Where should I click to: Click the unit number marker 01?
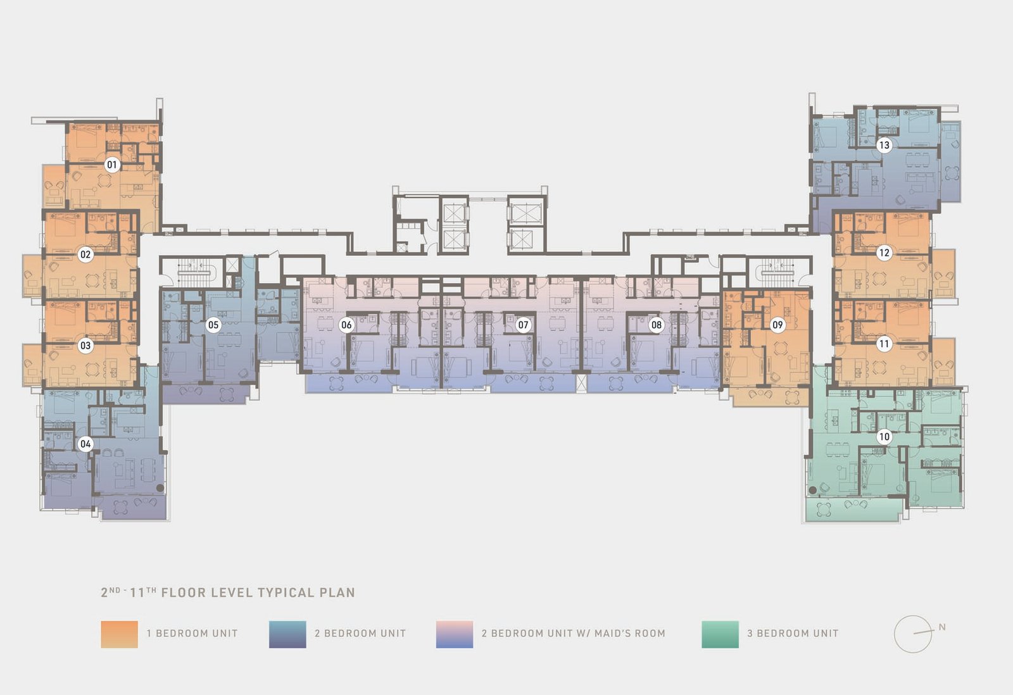[x=111, y=165]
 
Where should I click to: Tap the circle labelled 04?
[x=85, y=444]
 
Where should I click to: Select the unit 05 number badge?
[x=213, y=325]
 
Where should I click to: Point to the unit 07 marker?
[x=523, y=325]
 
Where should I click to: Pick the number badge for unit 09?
[x=777, y=325]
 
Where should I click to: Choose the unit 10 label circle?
[x=884, y=437]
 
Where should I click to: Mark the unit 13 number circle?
[x=884, y=145]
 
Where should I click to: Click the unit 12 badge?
[x=884, y=253]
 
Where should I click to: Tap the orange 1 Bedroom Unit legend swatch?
[x=120, y=634]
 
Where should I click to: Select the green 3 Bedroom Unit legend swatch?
[x=720, y=634]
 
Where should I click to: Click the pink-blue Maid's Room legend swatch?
[x=455, y=634]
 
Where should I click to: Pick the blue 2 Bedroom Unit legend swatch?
[x=287, y=634]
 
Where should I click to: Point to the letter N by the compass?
[x=942, y=627]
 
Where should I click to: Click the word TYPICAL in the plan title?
[x=286, y=593]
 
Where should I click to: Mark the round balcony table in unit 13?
[x=952, y=173]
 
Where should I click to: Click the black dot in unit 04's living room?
[x=160, y=488]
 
